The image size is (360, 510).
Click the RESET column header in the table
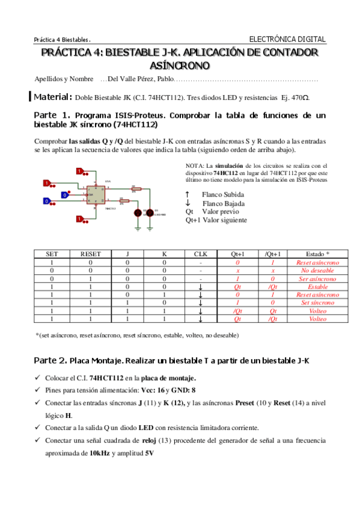91,254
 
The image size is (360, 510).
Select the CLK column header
201,254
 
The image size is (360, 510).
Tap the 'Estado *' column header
317,254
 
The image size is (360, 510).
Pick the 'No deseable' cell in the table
317,271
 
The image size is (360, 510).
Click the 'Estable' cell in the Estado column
317,287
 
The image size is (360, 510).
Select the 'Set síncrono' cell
317,303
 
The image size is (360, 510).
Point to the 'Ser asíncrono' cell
317,279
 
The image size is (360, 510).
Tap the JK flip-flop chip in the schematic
95,197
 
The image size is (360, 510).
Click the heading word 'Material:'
53,97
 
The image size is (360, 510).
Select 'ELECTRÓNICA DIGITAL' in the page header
287,39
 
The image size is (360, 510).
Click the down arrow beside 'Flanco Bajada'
188,203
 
